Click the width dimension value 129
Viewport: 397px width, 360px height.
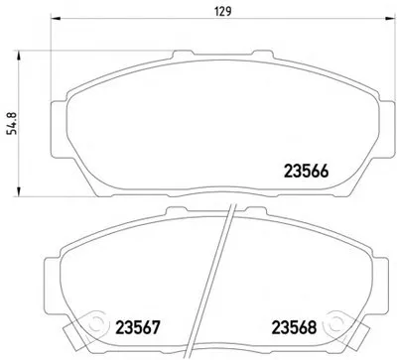tap(223, 12)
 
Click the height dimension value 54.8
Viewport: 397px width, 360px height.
tap(13, 123)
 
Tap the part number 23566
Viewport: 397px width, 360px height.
tap(307, 171)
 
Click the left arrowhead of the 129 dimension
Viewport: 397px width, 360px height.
tap(55, 19)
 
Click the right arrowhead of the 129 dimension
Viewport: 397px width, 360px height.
tap(392, 19)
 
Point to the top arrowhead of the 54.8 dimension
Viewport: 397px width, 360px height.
tap(19, 55)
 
